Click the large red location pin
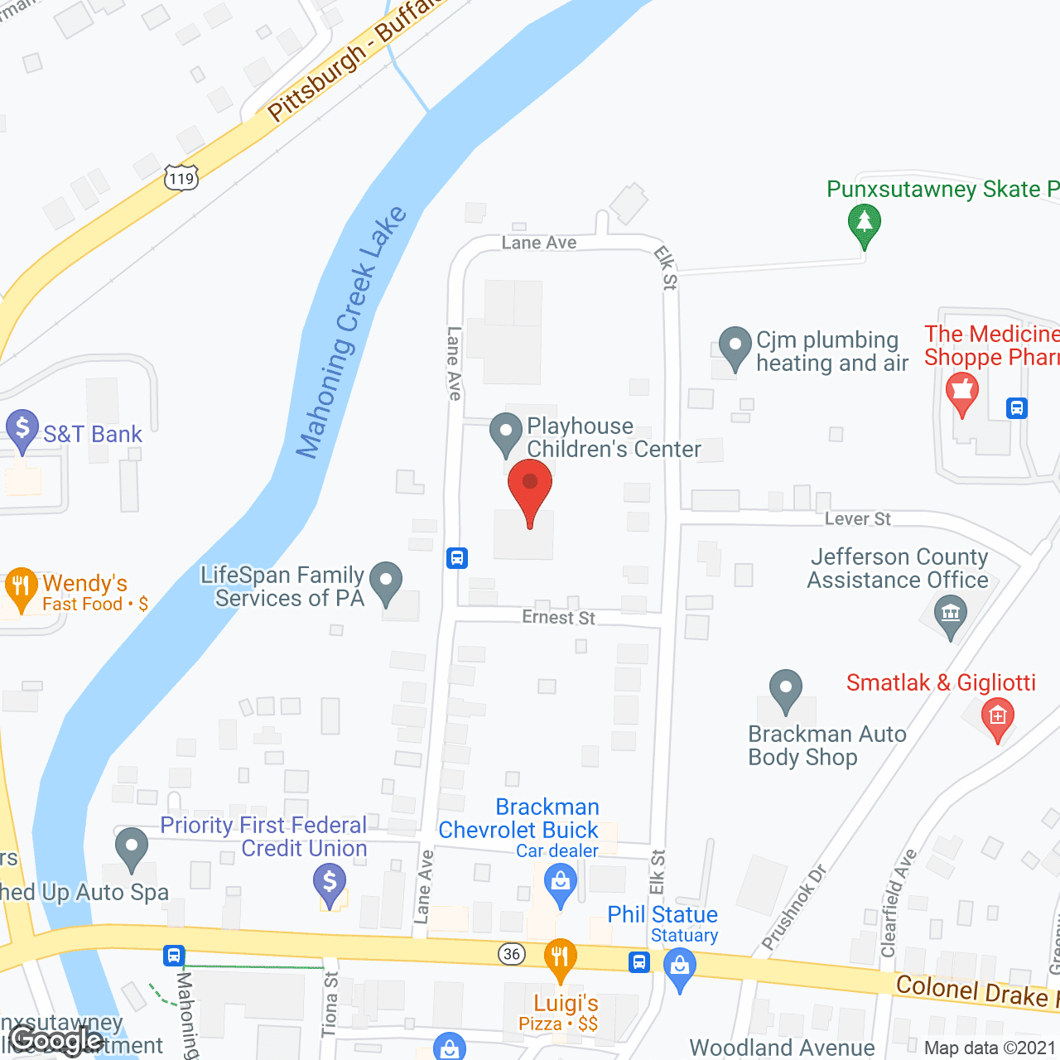pos(530,489)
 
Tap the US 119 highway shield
pos(181,177)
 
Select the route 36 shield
pos(512,954)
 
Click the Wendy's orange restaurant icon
pos(21,587)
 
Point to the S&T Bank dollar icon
pos(22,430)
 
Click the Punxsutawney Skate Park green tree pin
pos(864,224)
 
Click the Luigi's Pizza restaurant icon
pos(560,957)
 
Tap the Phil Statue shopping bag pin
pos(680,968)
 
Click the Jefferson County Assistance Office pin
pos(950,616)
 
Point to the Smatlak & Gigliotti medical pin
pos(997,717)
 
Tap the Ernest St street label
pos(558,618)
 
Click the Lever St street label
pos(857,519)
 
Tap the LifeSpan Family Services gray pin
pos(385,581)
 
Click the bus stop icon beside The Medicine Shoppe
pos(1017,408)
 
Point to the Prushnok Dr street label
pos(793,908)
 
